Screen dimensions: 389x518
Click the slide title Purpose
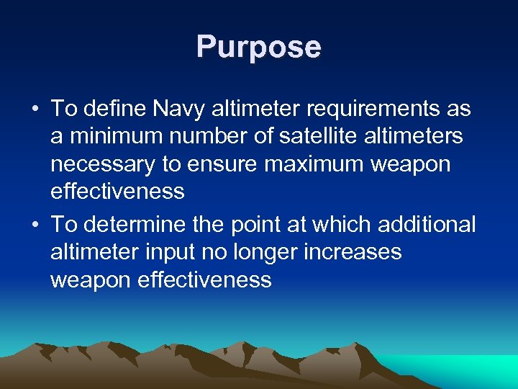tap(259, 48)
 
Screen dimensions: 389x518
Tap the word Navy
tap(172, 109)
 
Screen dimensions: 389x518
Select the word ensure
tap(224, 164)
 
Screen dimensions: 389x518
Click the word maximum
tap(316, 164)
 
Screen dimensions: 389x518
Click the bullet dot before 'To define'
tap(35, 110)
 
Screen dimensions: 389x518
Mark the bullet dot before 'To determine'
tap(35, 225)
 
